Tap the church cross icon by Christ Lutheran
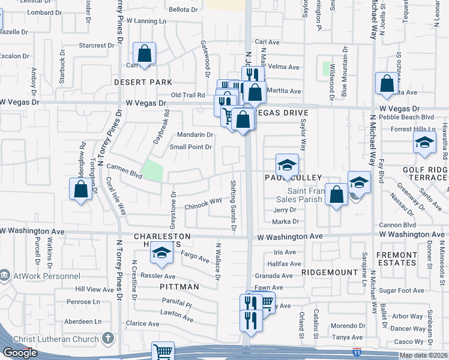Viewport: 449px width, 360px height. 107,339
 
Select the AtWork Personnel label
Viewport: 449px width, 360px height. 45,276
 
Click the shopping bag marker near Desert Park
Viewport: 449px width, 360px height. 145,54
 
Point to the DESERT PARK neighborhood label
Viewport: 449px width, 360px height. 145,82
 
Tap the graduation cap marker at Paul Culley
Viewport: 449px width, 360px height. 287,164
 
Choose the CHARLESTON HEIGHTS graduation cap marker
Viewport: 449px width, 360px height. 161,254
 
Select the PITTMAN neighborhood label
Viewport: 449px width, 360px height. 179,287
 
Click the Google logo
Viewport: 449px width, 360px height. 20,353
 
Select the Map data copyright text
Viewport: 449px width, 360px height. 424,355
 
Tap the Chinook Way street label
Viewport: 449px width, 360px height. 203,205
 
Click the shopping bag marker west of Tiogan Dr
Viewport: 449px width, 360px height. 81,190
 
